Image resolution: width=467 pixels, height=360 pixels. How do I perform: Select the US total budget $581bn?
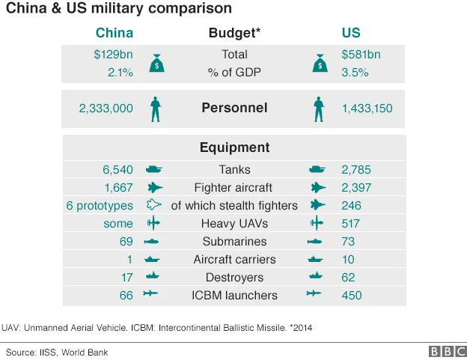361,55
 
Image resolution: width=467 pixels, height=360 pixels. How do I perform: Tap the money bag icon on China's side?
156,64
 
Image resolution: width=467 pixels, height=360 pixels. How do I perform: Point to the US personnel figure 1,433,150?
367,109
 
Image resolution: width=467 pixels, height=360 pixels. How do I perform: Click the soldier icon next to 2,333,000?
156,109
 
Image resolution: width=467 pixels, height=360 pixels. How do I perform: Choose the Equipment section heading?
234,147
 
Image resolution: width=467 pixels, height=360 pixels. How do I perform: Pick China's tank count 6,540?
118,170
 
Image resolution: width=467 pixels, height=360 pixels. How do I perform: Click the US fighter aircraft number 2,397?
356,188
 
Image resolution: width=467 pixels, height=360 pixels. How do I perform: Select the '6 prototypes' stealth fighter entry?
100,206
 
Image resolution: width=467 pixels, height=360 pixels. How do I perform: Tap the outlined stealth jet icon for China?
154,206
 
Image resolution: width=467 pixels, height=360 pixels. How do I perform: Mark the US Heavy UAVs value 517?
351,224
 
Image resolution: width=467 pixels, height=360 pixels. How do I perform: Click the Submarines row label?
234,242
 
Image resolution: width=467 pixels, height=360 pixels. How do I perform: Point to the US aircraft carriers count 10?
348,260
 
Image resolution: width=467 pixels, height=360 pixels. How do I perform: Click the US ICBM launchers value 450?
351,296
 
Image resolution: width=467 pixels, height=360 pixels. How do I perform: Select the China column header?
115,33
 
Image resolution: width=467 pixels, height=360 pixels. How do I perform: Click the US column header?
350,33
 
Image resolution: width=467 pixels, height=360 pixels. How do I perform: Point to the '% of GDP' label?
234,72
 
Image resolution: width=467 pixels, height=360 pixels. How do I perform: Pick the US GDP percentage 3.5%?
355,72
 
